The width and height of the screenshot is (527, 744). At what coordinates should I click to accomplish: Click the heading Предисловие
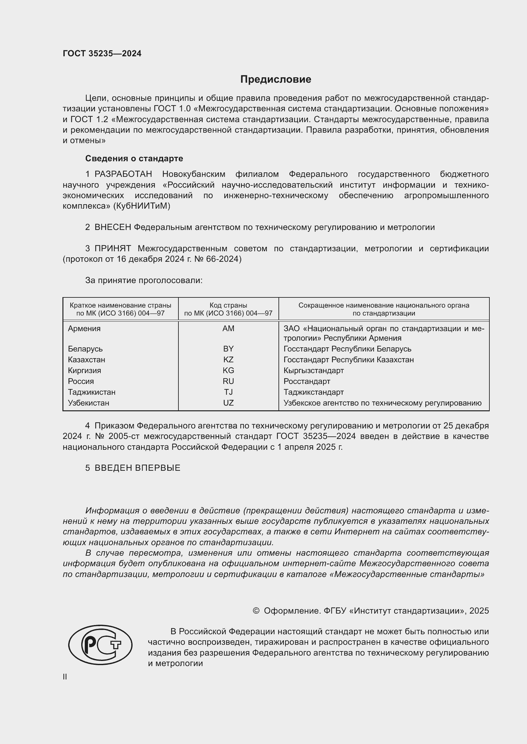click(x=276, y=80)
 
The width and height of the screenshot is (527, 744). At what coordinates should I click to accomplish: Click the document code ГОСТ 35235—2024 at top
click(x=102, y=53)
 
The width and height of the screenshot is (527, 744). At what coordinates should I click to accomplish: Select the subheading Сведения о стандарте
click(x=134, y=158)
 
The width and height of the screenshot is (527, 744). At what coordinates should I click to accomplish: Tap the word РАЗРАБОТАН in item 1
click(x=123, y=174)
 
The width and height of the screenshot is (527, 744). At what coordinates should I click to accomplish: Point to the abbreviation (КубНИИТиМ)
click(x=141, y=206)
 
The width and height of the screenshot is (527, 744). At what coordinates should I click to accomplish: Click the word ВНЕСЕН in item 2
click(x=112, y=227)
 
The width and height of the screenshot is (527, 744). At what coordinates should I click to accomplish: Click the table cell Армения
click(x=84, y=328)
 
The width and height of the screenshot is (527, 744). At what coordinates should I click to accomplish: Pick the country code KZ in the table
click(x=228, y=359)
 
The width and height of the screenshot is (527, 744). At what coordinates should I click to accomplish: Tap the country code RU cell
click(x=228, y=381)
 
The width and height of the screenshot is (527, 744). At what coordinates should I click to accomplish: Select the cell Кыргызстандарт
click(x=314, y=370)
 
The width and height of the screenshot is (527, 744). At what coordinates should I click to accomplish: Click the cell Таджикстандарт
click(x=314, y=392)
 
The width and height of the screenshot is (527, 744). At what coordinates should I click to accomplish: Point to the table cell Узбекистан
click(x=88, y=403)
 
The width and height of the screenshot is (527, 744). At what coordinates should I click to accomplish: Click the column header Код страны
click(x=228, y=305)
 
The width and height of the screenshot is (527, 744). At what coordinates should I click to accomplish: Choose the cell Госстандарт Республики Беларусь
click(x=347, y=349)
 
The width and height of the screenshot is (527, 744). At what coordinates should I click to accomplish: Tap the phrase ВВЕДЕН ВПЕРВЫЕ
click(x=137, y=468)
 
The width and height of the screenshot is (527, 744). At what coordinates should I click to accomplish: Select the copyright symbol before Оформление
click(x=256, y=611)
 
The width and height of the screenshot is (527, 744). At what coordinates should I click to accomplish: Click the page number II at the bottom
click(x=65, y=677)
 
